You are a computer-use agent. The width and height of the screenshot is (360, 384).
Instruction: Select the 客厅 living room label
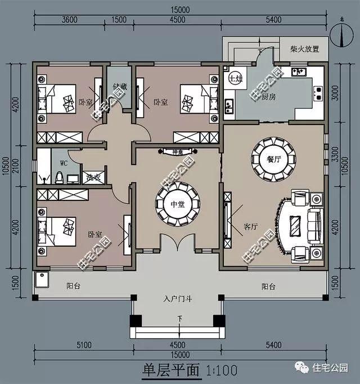pyautogui.click(x=250, y=227)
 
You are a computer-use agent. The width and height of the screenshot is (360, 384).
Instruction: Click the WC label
pyautogui.click(x=64, y=163)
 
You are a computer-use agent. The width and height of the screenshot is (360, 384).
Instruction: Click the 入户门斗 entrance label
pyautogui.click(x=179, y=298)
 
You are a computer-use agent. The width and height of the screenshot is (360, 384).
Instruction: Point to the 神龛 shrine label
pyautogui.click(x=178, y=151)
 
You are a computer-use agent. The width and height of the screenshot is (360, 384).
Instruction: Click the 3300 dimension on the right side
pyautogui.click(x=336, y=151)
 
